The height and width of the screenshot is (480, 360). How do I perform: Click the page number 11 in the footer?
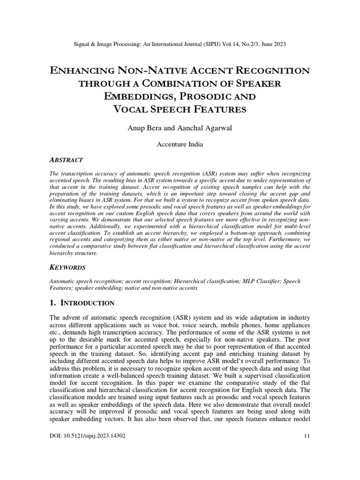307,435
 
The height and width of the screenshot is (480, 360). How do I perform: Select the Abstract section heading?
67,160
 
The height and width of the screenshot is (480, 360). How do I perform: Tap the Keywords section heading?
67,267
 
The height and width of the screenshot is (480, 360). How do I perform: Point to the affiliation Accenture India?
180,144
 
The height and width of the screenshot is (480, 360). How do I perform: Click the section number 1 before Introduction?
51,303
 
